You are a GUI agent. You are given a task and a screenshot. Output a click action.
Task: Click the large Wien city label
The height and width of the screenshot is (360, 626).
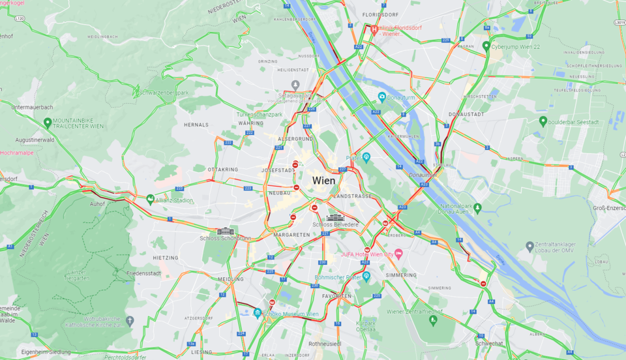tap(324, 181)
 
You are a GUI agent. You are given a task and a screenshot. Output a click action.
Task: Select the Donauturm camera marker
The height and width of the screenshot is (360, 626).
tap(382, 97)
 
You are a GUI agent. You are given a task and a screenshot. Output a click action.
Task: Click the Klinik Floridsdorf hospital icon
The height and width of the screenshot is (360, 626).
tap(374, 29)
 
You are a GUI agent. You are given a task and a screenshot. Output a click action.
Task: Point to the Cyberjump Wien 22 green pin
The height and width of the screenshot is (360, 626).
tap(486, 46)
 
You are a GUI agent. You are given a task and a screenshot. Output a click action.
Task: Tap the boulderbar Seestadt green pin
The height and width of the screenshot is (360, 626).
tap(543, 121)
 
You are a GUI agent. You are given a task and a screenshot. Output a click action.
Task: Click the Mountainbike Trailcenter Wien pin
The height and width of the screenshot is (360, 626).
tap(47, 122)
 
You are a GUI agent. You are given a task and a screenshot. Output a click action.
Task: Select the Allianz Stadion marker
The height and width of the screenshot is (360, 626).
tap(150, 200)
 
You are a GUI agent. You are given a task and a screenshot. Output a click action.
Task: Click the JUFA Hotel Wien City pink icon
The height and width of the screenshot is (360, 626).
tap(399, 253)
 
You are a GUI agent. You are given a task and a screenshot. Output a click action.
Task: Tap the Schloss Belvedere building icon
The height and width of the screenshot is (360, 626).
tap(335, 218)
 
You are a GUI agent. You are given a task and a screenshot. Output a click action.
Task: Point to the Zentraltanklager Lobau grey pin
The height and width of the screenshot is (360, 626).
tap(529, 247)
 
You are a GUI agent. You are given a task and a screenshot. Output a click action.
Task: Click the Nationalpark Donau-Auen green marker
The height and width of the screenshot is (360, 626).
tap(477, 207)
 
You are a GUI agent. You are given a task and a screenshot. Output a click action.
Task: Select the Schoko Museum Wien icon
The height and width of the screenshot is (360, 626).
tap(258, 313)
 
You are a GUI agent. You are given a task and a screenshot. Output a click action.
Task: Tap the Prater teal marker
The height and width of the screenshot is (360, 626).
tap(366, 157)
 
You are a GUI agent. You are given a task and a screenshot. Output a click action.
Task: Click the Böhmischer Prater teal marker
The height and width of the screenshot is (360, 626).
tap(366, 277)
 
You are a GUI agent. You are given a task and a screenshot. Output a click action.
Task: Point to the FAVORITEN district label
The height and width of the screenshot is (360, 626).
tap(336, 296)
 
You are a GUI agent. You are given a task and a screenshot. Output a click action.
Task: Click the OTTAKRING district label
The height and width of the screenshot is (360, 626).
tap(222, 169)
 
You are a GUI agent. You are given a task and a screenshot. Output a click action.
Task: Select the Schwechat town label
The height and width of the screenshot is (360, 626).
tap(488, 343)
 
